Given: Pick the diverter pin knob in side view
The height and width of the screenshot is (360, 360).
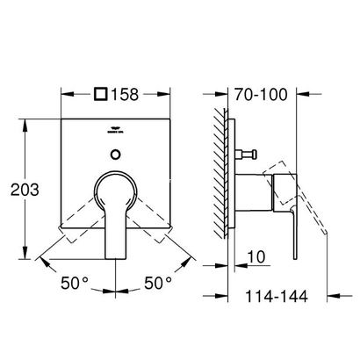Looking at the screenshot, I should coord(249,155).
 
